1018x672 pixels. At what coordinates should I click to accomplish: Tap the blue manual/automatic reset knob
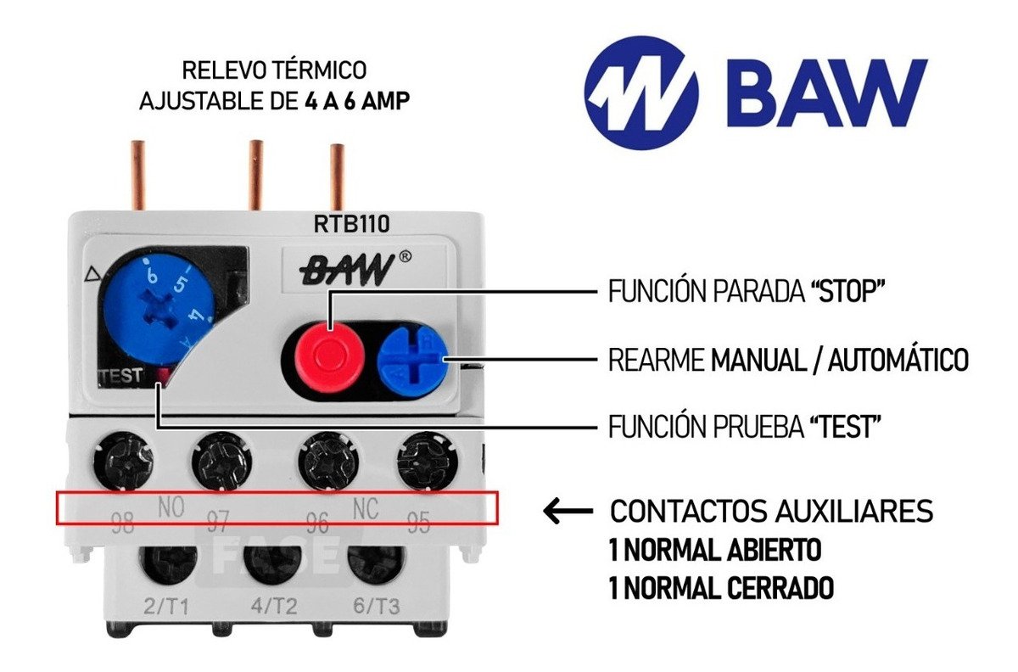pyautogui.click(x=411, y=361)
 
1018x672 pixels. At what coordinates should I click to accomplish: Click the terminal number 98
pyautogui.click(x=123, y=523)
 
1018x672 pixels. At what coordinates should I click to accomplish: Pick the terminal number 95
pyautogui.click(x=418, y=520)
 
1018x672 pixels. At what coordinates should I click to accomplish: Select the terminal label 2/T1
pyautogui.click(x=165, y=606)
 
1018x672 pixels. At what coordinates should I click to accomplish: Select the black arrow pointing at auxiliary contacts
pyautogui.click(x=568, y=511)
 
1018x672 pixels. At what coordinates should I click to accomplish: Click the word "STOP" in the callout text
pyautogui.click(x=847, y=292)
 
